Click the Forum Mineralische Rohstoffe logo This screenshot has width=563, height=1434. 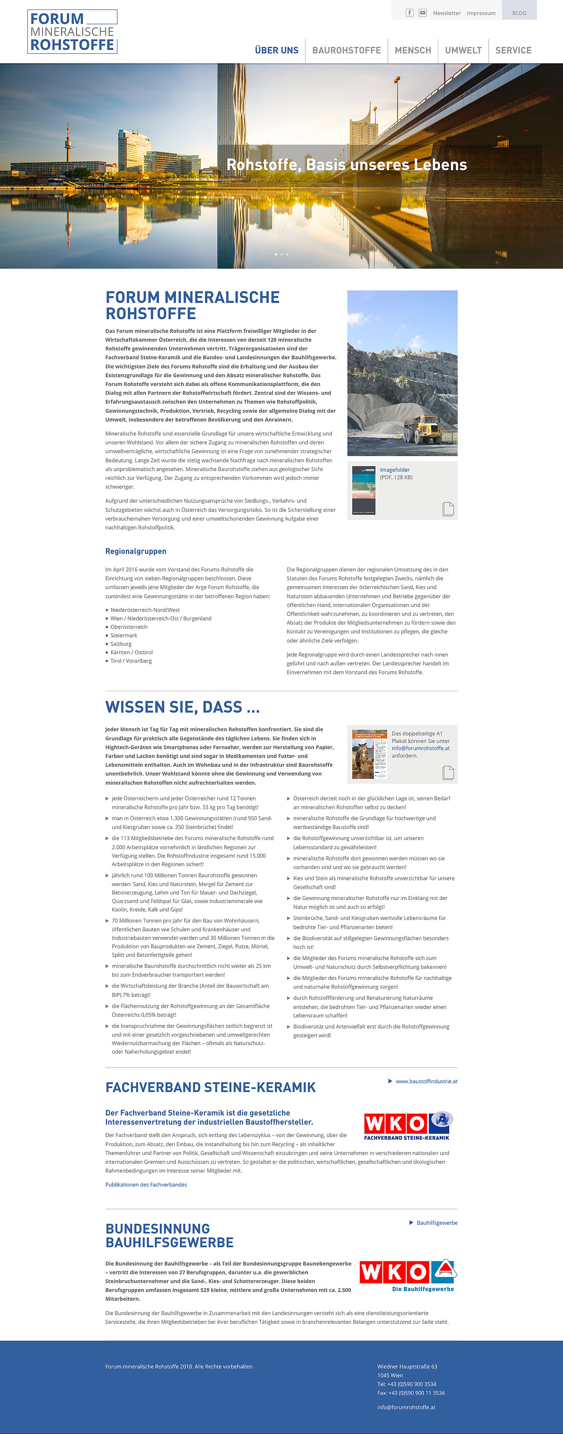[x=73, y=32]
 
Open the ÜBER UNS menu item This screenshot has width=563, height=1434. [x=276, y=50]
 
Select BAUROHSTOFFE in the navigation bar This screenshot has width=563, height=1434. [x=346, y=50]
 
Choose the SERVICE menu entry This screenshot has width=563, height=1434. [x=513, y=50]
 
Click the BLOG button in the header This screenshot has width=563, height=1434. [x=519, y=13]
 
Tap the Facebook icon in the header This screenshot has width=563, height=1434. [x=409, y=13]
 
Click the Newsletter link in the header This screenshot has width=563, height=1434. [x=447, y=13]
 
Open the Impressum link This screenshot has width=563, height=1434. [x=481, y=13]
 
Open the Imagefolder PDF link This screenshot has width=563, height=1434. [x=395, y=470]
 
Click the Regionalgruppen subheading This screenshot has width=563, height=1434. [x=136, y=551]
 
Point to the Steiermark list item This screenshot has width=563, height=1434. [x=124, y=635]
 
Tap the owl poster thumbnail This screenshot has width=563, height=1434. [x=370, y=754]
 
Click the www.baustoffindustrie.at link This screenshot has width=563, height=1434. [x=426, y=1081]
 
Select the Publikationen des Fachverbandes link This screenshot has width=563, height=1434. [x=146, y=1185]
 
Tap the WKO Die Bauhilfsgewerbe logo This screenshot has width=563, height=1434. [x=408, y=1275]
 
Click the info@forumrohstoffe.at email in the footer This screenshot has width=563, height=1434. [x=406, y=1407]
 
